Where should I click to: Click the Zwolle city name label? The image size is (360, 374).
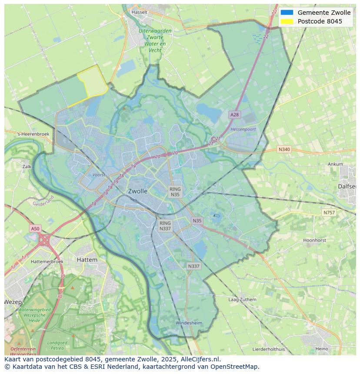click(x=137, y=191)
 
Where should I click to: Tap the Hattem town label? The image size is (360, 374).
click(x=87, y=260)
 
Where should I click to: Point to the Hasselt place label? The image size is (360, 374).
click(x=140, y=12)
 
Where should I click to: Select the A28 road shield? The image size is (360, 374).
click(x=234, y=115)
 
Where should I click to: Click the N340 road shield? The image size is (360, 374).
click(x=284, y=149)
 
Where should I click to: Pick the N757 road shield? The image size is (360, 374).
click(x=329, y=212)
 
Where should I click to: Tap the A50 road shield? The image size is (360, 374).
click(x=35, y=228)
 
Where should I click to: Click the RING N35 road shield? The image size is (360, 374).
click(x=175, y=192)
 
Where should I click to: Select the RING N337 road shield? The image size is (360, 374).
click(x=165, y=226)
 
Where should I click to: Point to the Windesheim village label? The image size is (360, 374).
click(x=189, y=323)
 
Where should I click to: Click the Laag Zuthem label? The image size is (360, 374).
click(x=242, y=300)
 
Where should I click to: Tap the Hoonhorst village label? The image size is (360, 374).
click(x=314, y=240)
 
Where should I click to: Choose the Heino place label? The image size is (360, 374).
click(x=322, y=349)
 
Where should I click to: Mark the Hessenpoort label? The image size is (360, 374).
click(x=243, y=129)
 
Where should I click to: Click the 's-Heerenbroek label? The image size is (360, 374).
click(x=33, y=134)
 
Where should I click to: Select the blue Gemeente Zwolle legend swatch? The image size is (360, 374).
click(x=287, y=13)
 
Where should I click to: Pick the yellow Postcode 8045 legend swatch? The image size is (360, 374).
click(x=287, y=21)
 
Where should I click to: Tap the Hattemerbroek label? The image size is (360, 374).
click(x=47, y=262)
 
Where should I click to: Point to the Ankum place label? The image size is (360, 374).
click(x=335, y=164)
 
